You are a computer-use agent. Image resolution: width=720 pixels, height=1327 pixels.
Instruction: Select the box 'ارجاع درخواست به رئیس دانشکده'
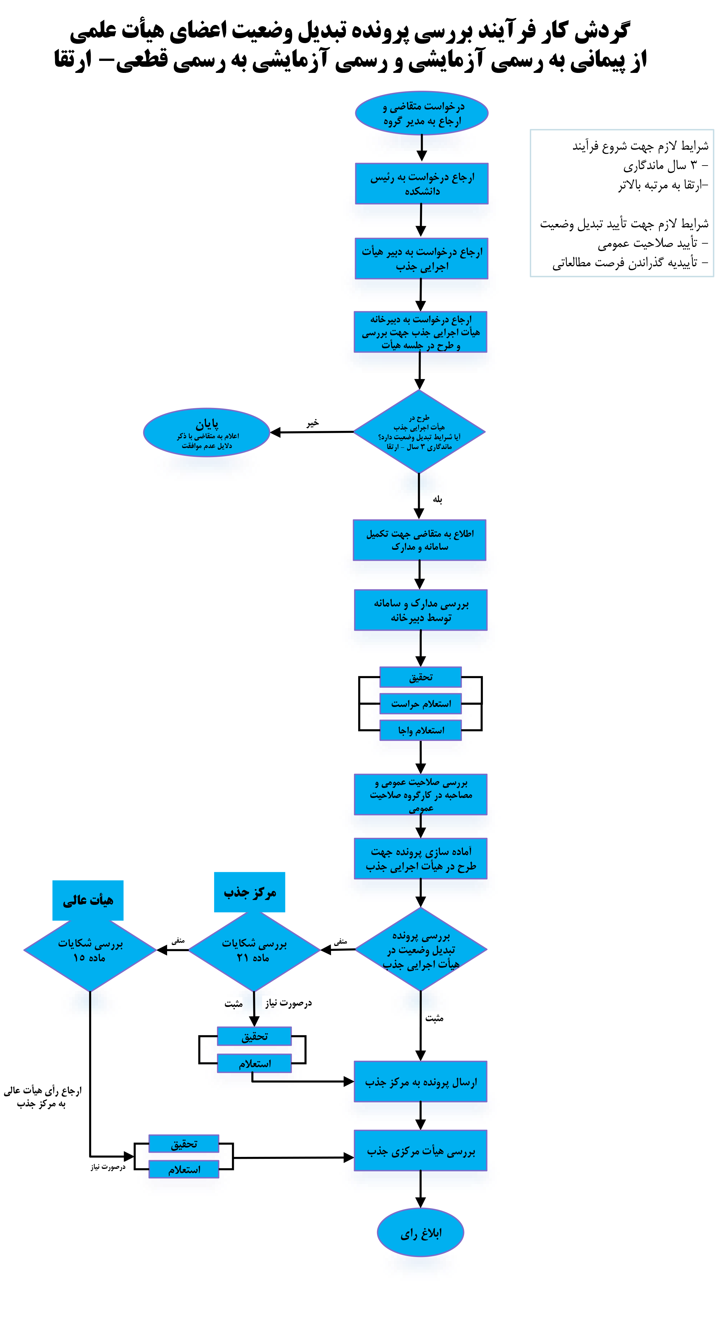pyautogui.click(x=421, y=183)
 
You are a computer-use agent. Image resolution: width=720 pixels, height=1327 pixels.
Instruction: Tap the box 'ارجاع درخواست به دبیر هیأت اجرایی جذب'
pyautogui.click(x=421, y=258)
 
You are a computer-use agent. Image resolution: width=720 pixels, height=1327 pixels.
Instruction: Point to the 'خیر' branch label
pyautogui.click(x=312, y=422)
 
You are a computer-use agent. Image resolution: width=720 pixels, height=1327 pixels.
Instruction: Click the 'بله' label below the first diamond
pyautogui.click(x=437, y=499)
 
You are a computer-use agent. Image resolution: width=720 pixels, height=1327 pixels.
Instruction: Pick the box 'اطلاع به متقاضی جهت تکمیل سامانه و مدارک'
pyautogui.click(x=419, y=539)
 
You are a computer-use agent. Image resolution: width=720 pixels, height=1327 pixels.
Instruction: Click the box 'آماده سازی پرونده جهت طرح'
pyautogui.click(x=421, y=858)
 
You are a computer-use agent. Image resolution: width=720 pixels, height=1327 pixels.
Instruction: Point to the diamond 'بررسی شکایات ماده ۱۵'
pyautogui.click(x=90, y=951)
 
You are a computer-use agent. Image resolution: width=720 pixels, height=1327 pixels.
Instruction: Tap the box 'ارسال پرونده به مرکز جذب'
pyautogui.click(x=421, y=1082)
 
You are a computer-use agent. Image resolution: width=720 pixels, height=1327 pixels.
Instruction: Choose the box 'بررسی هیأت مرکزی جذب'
pyautogui.click(x=421, y=1151)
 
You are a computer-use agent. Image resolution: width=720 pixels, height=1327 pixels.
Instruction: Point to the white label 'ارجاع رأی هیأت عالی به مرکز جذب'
pyautogui.click(x=42, y=1097)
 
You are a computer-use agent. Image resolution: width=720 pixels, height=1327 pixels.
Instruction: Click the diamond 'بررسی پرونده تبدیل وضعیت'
pyautogui.click(x=421, y=949)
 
